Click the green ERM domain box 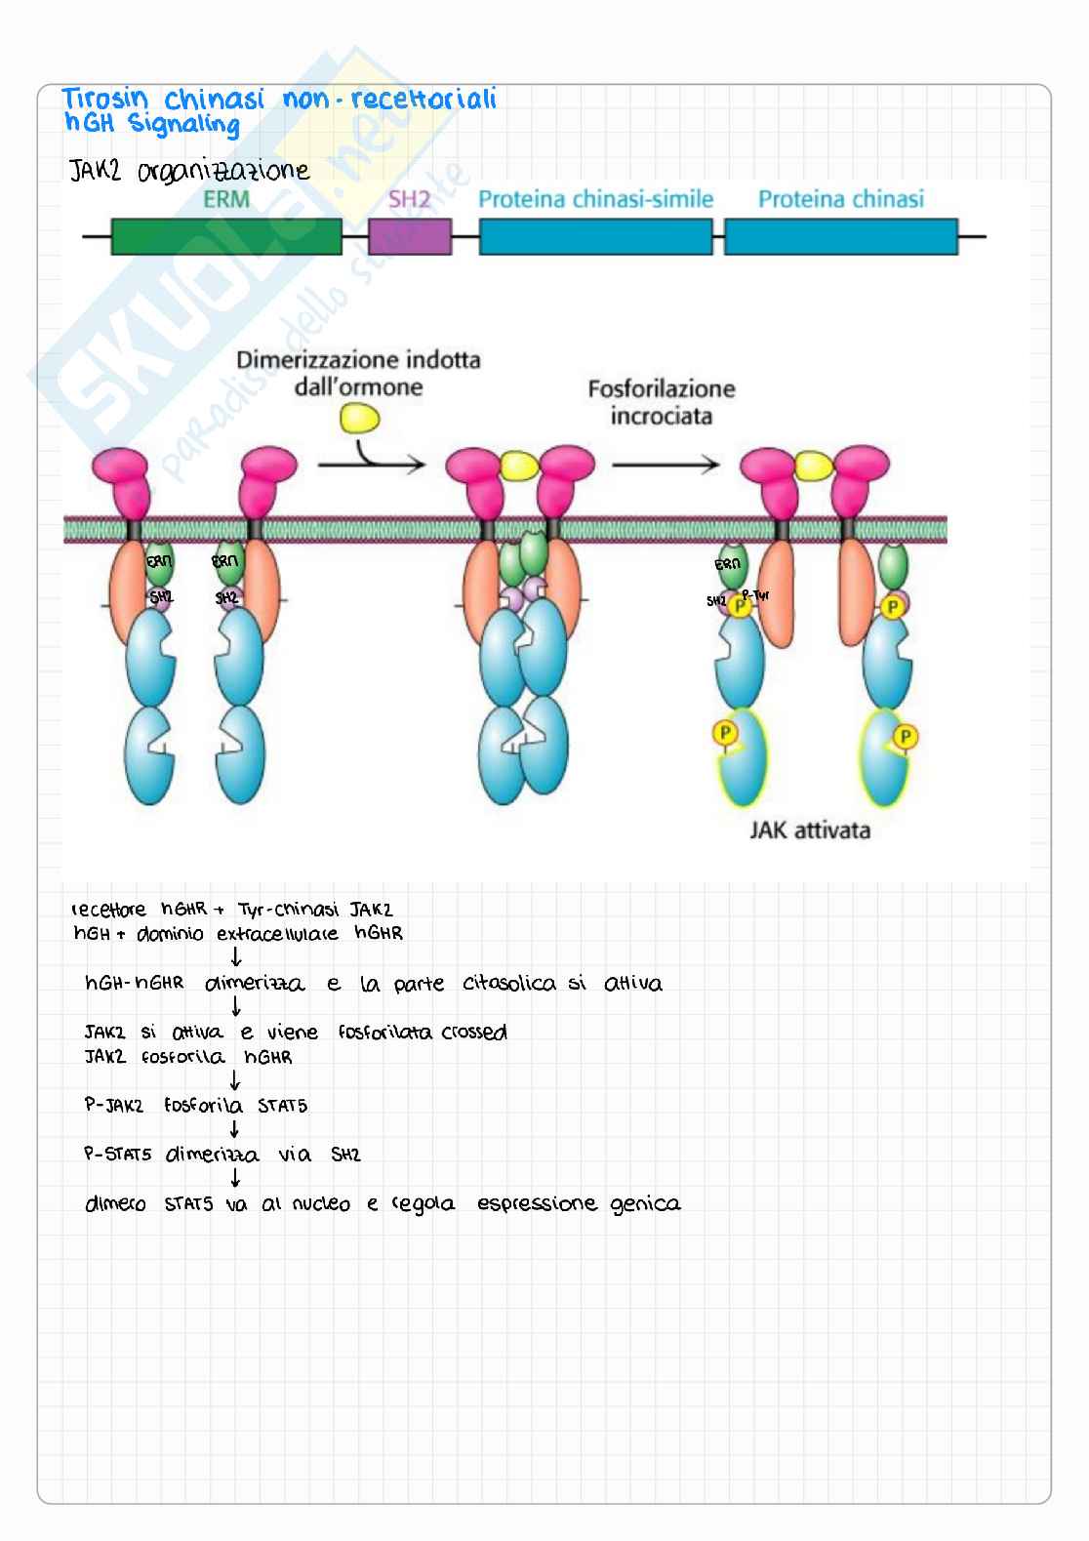click(x=226, y=237)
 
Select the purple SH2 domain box click(x=410, y=237)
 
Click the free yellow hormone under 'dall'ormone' click(x=359, y=420)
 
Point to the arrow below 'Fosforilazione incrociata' click(x=665, y=465)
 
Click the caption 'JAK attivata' click(x=810, y=831)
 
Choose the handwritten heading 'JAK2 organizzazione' click(x=189, y=173)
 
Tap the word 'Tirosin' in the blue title click(x=105, y=100)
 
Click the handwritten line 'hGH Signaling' click(x=151, y=125)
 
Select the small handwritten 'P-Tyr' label click(x=756, y=594)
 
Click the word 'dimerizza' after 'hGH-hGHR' click(x=255, y=984)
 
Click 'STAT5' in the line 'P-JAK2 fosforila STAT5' click(x=282, y=1106)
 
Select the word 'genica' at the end click(x=645, y=1204)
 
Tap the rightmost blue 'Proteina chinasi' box click(x=840, y=237)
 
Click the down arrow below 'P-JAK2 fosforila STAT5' click(x=234, y=1130)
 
